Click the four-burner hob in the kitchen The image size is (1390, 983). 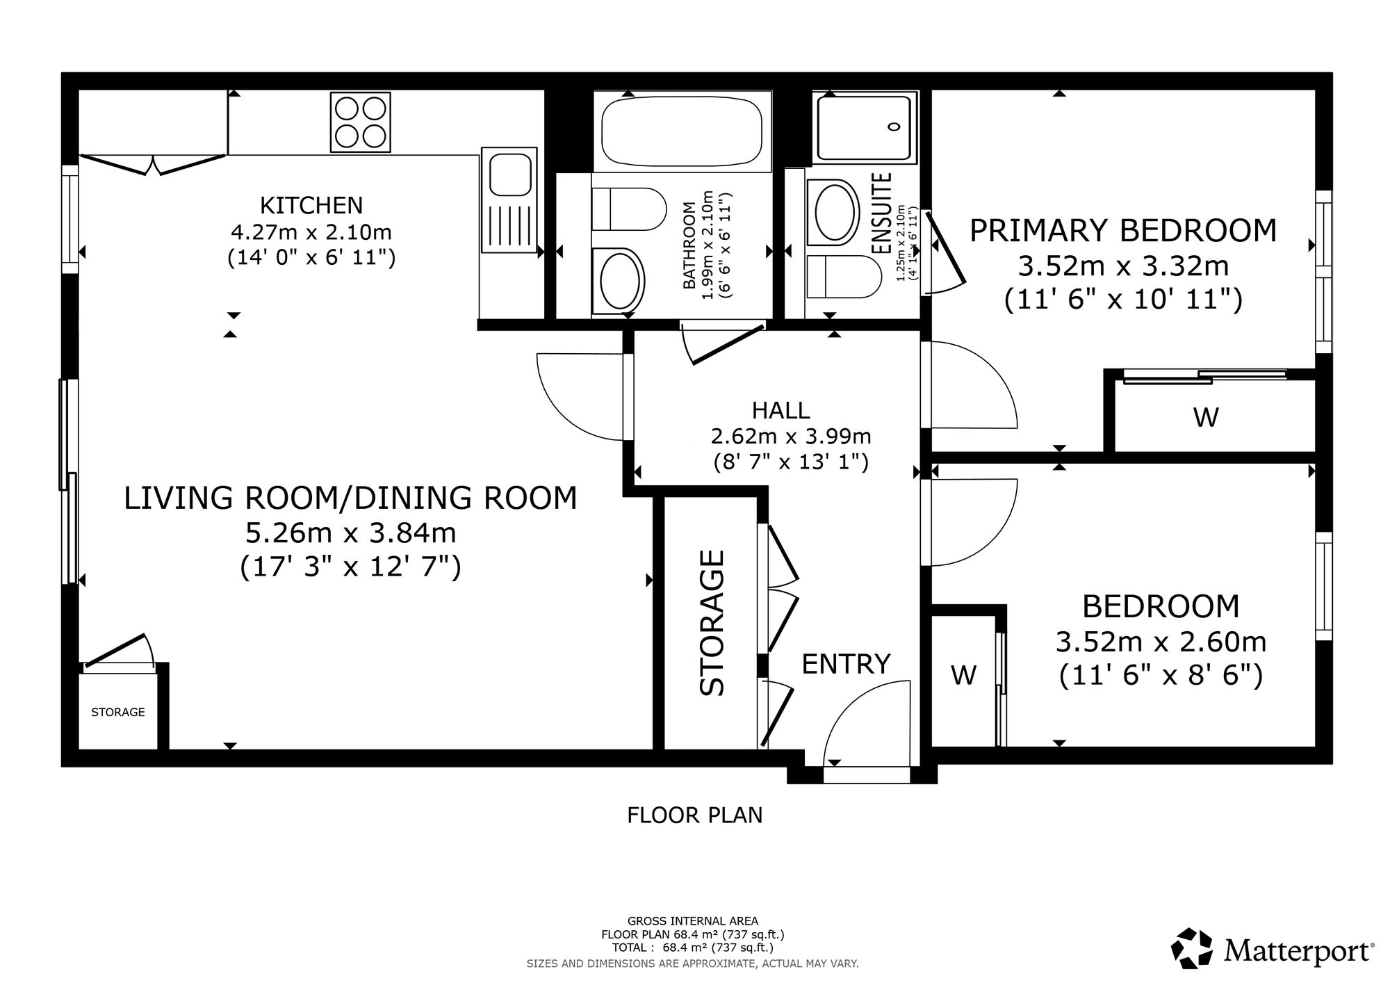pos(360,122)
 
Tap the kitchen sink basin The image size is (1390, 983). pos(511,174)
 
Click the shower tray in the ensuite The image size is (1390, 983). pos(864,129)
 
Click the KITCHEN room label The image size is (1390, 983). pos(311,205)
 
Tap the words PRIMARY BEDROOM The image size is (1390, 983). pos(1123,230)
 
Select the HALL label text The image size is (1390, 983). pos(781,410)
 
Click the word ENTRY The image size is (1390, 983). pos(846,664)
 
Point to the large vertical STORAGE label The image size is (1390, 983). pos(712,623)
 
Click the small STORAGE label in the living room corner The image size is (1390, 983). pos(118,712)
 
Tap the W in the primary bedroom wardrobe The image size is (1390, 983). pos(1206,417)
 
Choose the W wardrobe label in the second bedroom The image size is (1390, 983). pos(963,674)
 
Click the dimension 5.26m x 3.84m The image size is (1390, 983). pos(350,533)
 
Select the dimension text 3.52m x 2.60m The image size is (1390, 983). pos(1161,642)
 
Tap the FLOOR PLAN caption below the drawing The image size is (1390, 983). pos(694,815)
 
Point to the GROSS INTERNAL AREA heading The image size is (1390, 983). pos(693,921)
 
